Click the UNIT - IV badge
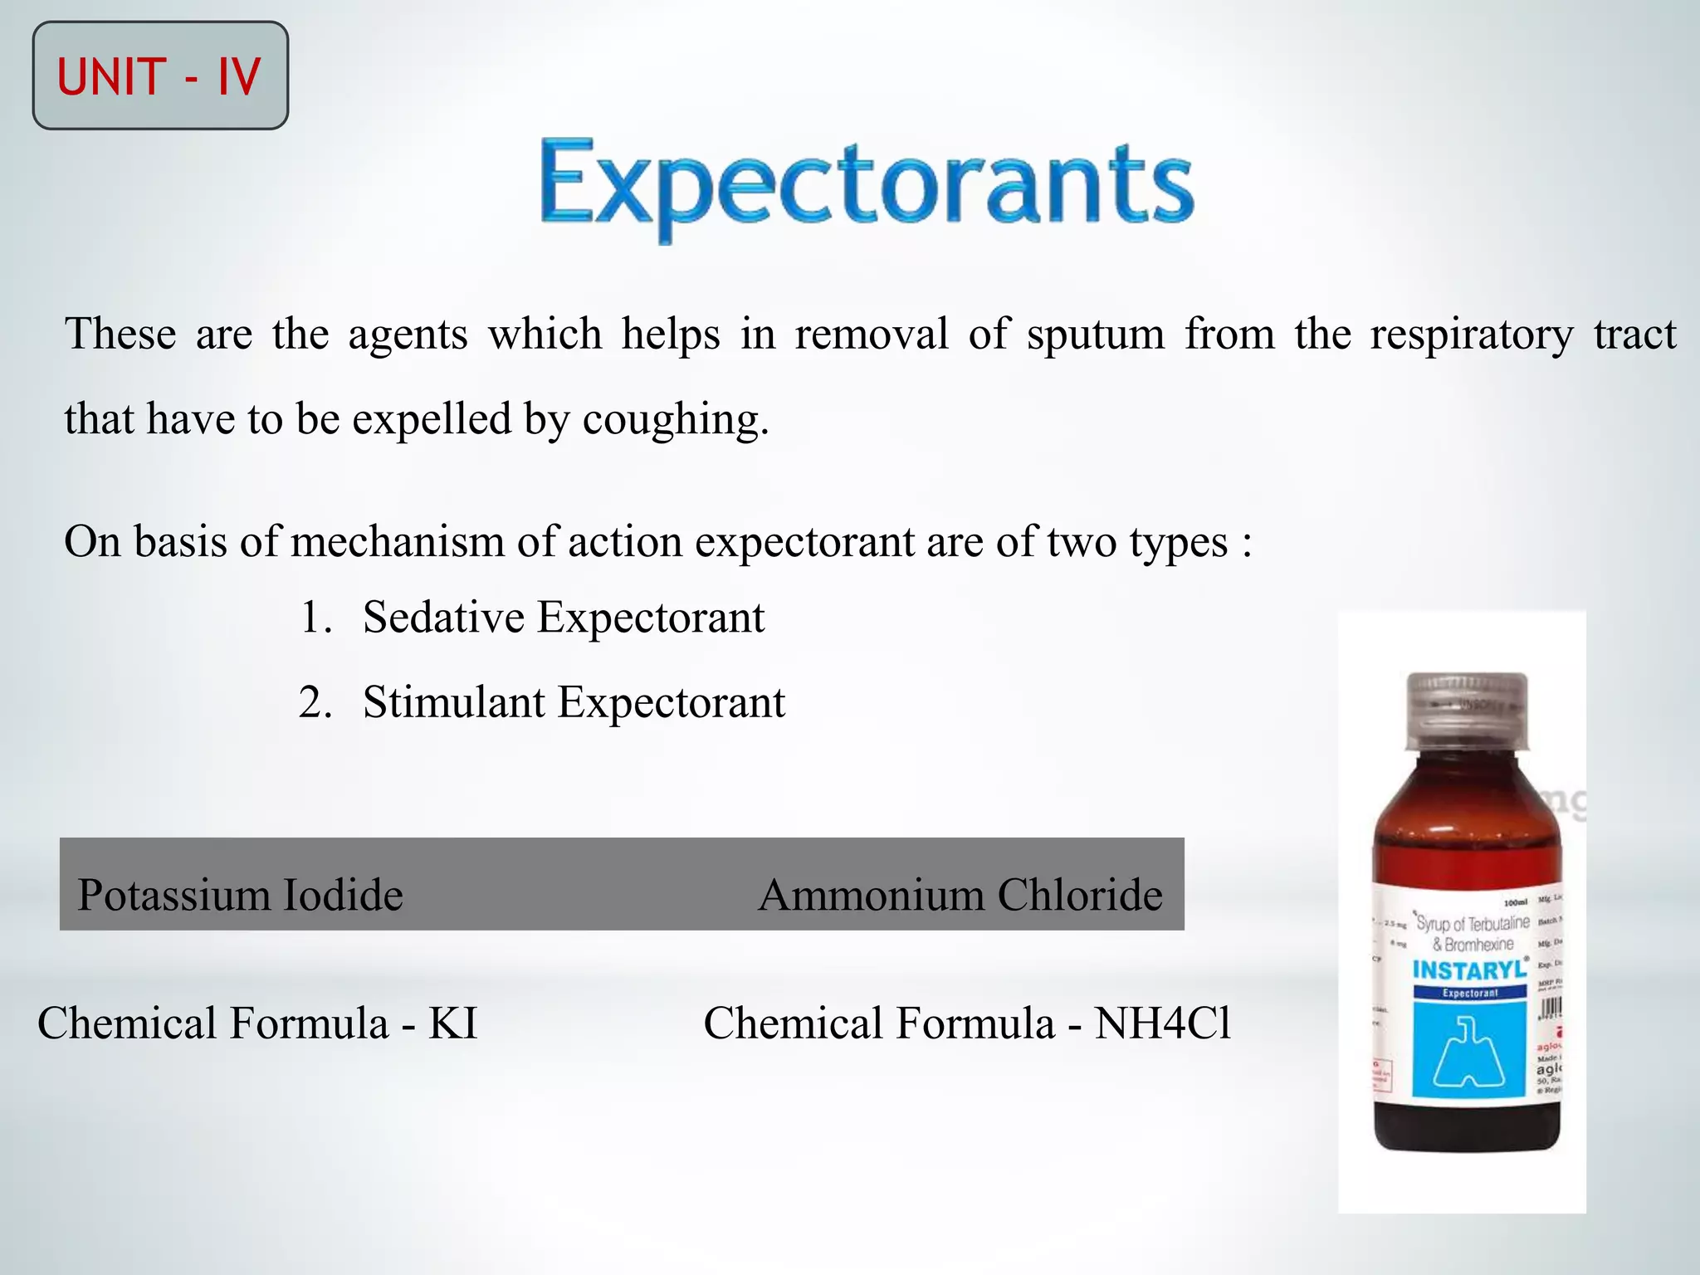(160, 76)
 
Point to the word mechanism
(398, 542)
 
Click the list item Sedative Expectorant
(563, 618)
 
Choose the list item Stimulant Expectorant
(573, 702)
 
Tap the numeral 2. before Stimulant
(315, 702)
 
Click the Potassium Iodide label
(240, 895)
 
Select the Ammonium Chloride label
(960, 895)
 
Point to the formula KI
(453, 1023)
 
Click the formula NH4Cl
(1162, 1023)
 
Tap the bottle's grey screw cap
(1467, 706)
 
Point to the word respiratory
(1471, 335)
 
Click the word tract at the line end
(1634, 335)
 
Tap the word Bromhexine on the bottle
(1478, 945)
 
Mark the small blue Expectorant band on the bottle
(1469, 993)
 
